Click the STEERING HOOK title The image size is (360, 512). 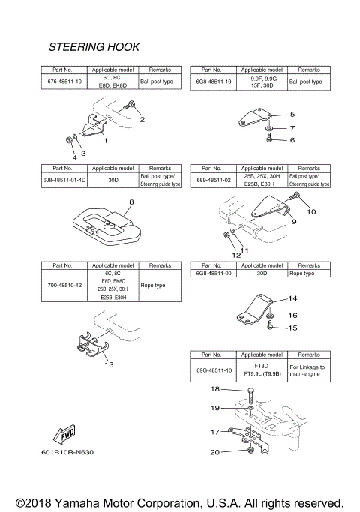click(94, 46)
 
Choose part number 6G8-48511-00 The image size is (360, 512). click(213, 274)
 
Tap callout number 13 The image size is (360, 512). click(109, 364)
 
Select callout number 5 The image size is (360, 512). click(292, 115)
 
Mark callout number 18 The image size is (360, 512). click(214, 389)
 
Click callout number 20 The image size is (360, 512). click(214, 452)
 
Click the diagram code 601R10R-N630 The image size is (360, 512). click(68, 452)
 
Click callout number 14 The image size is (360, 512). click(293, 298)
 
